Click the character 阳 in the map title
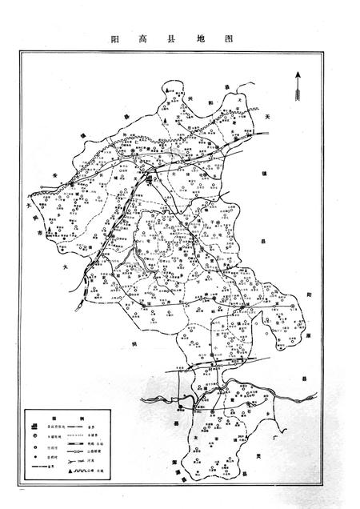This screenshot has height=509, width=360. coord(117,38)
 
